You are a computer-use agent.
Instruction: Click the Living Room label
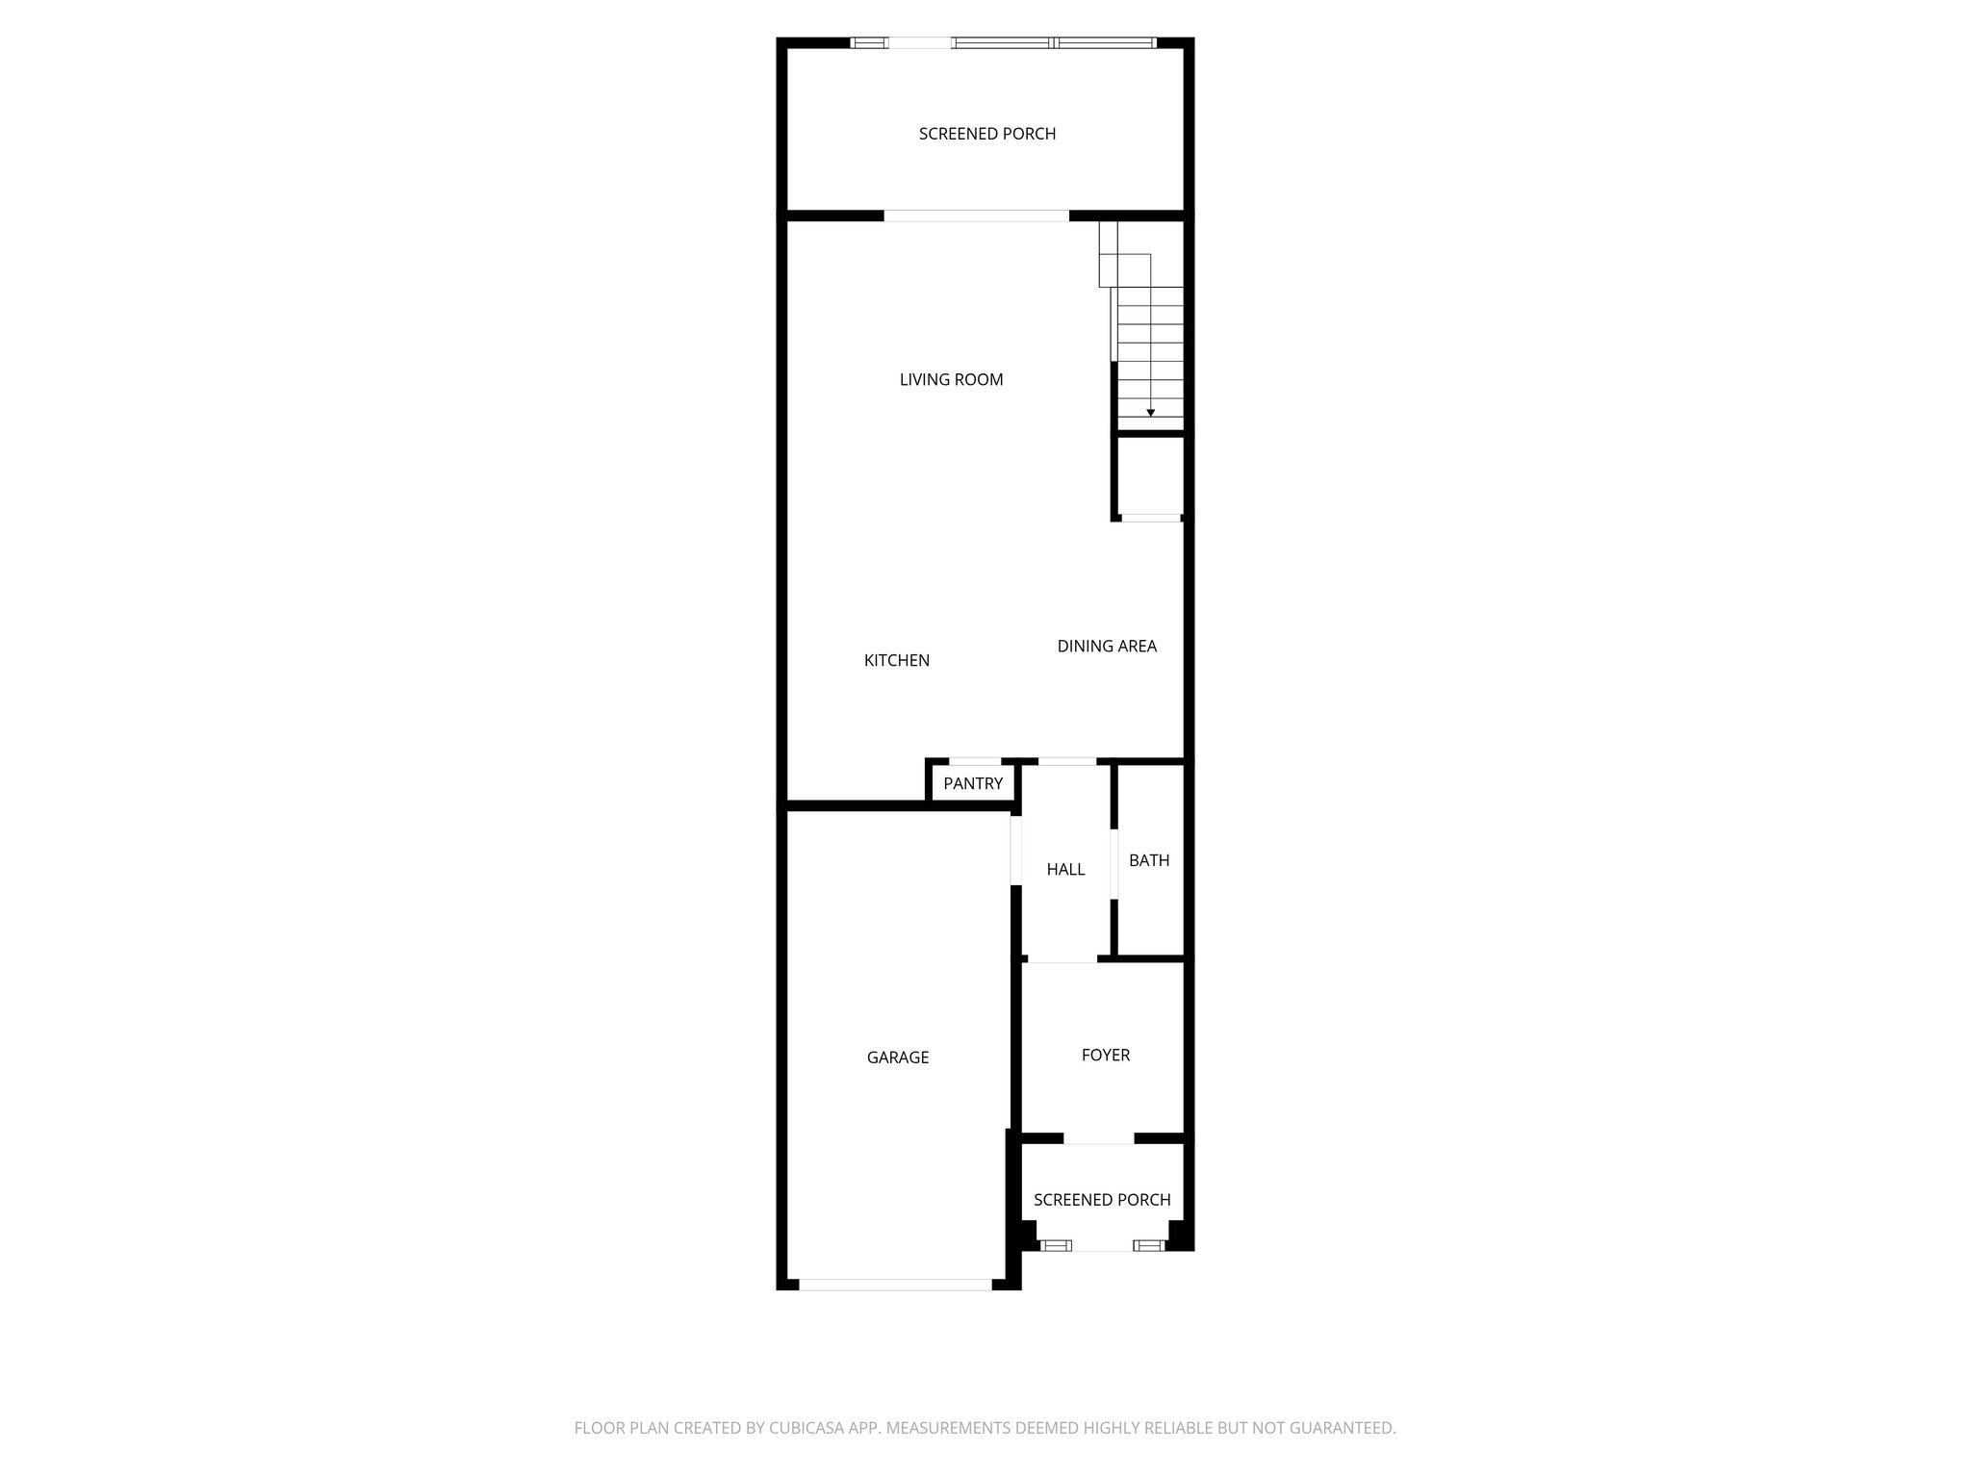tap(951, 380)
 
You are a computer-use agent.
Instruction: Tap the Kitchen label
tap(896, 660)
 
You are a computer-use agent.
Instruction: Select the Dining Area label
tap(1107, 646)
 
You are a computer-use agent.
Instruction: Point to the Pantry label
tap(972, 783)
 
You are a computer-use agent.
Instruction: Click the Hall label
tap(1065, 869)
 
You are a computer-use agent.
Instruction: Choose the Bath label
tap(1149, 860)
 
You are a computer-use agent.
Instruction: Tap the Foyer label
tap(1105, 1055)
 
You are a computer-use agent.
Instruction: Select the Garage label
tap(897, 1058)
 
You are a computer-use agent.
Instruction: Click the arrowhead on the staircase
tap(1150, 413)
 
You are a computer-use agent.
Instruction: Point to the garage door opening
tap(895, 1284)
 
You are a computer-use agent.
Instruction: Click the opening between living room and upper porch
tap(976, 216)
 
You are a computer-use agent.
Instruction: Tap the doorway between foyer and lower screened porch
tap(1098, 1139)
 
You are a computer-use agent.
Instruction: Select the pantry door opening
tap(974, 762)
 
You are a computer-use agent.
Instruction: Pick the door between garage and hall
tap(1015, 850)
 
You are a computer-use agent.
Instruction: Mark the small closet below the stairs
tap(1149, 477)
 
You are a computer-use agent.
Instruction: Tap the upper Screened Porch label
tap(986, 134)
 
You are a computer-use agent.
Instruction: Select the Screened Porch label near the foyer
tap(1102, 1200)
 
